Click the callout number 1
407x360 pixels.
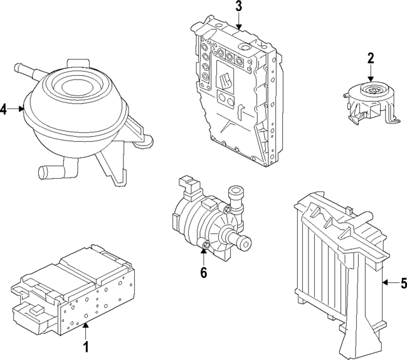point(87,348)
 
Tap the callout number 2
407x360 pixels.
point(370,59)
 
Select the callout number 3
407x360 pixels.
point(238,7)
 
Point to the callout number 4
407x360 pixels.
point(4,109)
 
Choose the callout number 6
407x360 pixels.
point(203,273)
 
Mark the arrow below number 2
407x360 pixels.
point(370,73)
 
